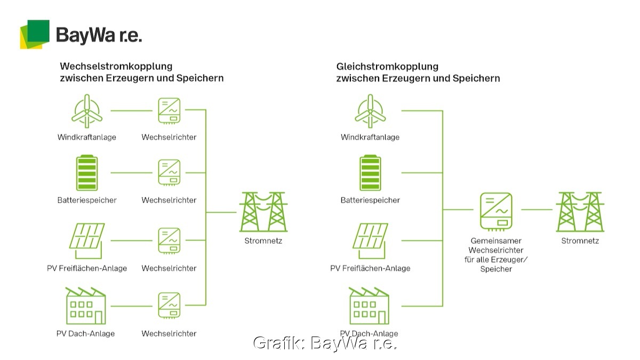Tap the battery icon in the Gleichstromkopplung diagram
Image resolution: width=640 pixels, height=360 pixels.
click(370, 173)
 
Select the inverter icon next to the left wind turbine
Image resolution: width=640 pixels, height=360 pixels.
click(169, 111)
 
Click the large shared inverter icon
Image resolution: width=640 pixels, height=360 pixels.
click(496, 210)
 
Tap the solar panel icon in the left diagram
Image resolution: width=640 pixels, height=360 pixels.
click(86, 240)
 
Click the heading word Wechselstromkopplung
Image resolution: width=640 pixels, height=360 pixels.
click(116, 67)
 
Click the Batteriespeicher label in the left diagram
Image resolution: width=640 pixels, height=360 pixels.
click(87, 201)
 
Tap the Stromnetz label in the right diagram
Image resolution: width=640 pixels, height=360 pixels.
click(580, 241)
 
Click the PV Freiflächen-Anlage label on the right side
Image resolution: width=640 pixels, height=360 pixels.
click(370, 268)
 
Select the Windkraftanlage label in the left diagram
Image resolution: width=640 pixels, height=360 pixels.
click(87, 137)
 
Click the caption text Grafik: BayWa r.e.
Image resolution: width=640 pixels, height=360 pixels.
click(325, 343)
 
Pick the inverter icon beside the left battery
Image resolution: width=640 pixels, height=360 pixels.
click(169, 173)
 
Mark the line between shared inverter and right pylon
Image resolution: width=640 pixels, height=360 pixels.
click(537, 210)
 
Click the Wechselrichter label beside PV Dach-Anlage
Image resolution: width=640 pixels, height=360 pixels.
click(169, 334)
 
